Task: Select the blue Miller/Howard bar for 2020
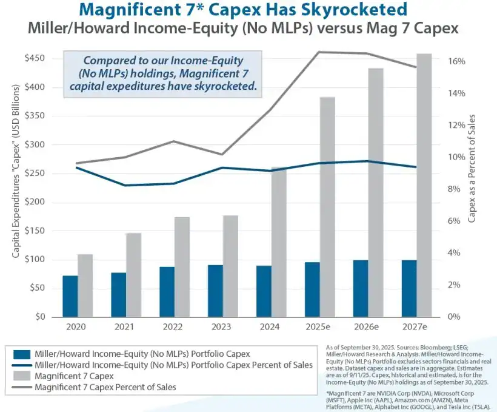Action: click(x=70, y=296)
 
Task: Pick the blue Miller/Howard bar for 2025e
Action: click(x=312, y=289)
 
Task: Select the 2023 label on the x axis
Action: click(x=221, y=326)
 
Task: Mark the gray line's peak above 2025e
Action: click(x=319, y=52)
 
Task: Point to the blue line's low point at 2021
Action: click(x=125, y=185)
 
